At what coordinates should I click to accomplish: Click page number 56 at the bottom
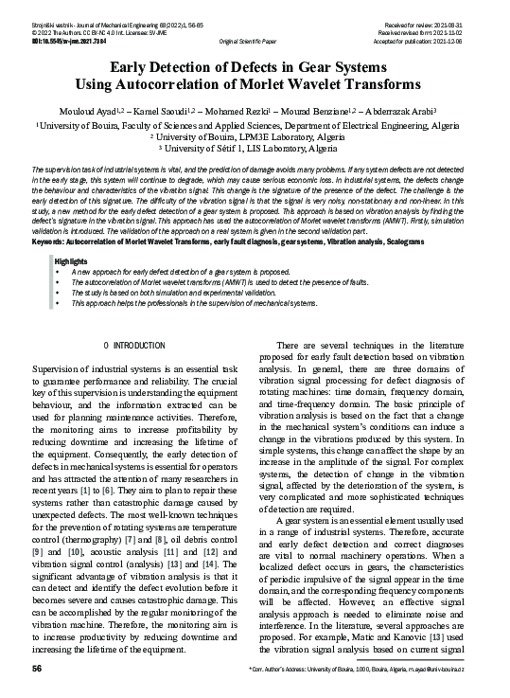(37, 670)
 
